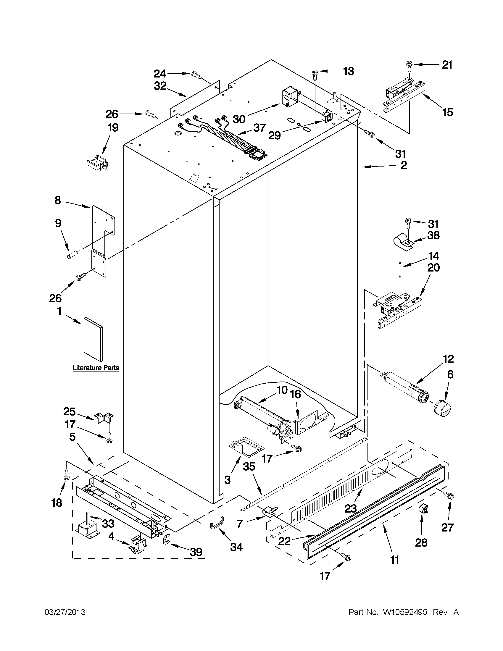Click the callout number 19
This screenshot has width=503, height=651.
pos(113,127)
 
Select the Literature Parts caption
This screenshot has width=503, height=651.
pos(96,368)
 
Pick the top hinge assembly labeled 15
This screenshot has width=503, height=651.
pos(404,94)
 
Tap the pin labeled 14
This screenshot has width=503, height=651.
pos(400,270)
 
